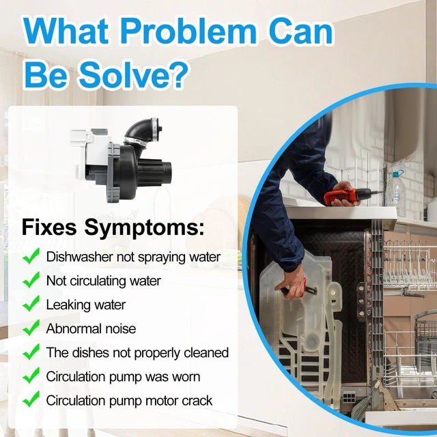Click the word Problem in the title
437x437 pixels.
pos(188,31)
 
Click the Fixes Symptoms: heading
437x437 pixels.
pos(113,227)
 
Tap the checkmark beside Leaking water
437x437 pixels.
pos(31,304)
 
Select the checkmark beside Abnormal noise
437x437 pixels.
pos(31,328)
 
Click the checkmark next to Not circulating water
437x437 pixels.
pos(31,280)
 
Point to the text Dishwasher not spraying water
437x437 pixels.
pos(133,257)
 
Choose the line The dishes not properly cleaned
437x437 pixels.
pos(137,353)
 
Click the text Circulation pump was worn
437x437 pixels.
pos(123,377)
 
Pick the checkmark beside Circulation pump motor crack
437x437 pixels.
pos(31,399)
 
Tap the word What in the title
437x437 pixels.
pos(66,31)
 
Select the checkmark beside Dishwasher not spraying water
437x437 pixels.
pos(31,256)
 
